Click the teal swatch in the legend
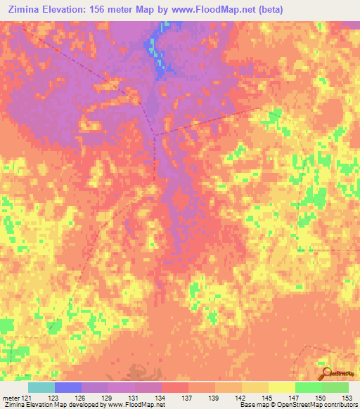[41, 388]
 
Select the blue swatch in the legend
[68, 388]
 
